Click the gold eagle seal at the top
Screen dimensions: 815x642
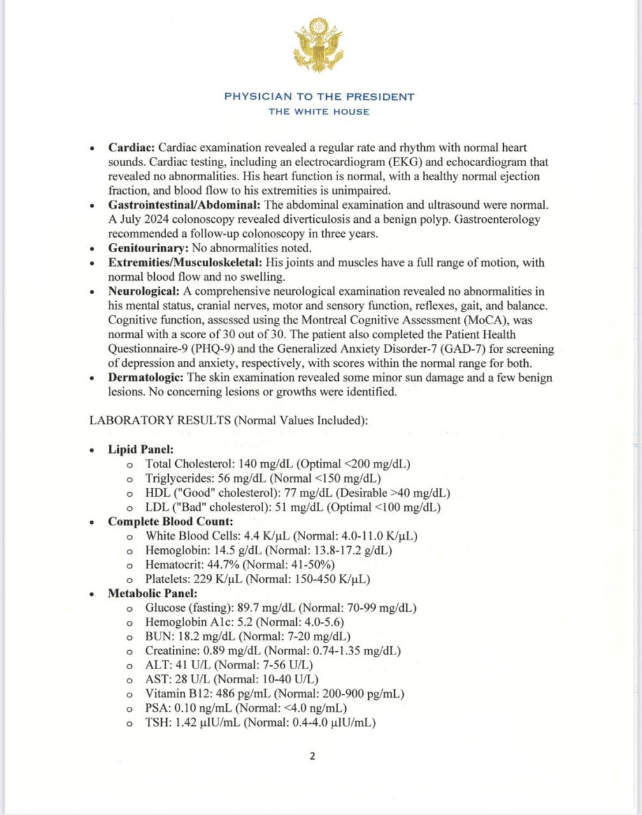(x=318, y=45)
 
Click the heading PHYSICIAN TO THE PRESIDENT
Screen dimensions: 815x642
(x=319, y=97)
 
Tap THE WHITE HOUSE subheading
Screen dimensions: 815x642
(x=319, y=111)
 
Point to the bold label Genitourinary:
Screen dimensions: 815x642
(x=148, y=248)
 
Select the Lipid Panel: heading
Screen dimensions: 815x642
(x=140, y=450)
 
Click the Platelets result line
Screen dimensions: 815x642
(x=258, y=579)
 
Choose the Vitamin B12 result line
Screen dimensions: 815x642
(x=275, y=694)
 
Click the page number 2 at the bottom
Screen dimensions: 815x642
(x=312, y=756)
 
